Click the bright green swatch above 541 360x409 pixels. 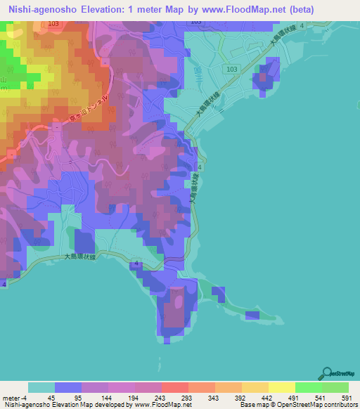coord(308,387)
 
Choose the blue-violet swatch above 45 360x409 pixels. coord(67,387)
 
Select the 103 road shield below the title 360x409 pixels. coord(195,22)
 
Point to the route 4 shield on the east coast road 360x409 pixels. coord(200,168)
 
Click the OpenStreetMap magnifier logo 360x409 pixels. coord(328,372)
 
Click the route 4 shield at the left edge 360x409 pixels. coord(4,284)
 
